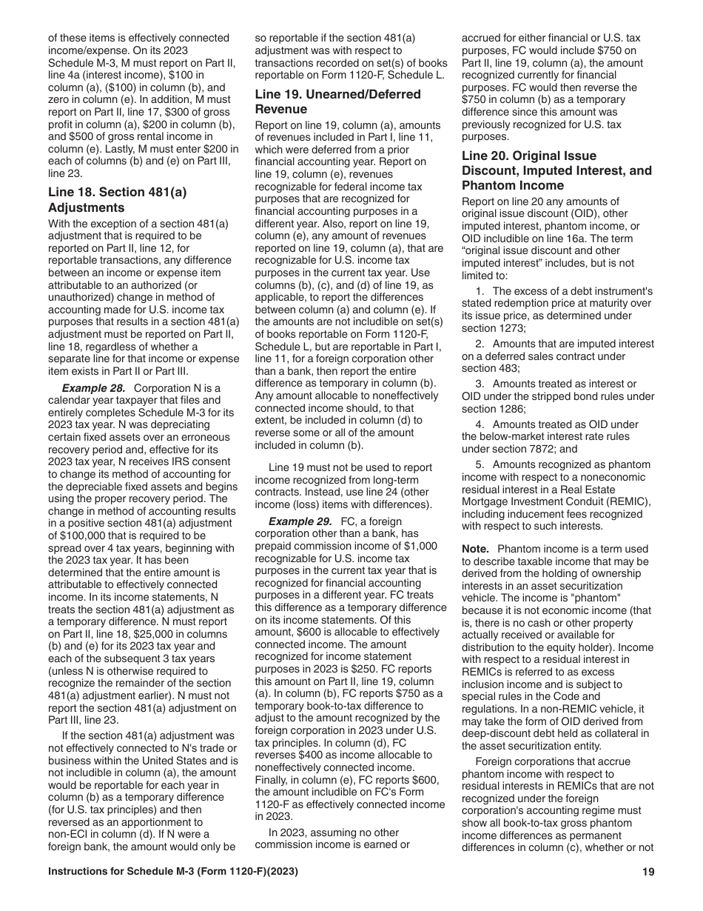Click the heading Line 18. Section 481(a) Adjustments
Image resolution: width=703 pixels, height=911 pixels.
(x=117, y=199)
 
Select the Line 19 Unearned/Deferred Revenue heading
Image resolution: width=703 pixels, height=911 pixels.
(x=337, y=101)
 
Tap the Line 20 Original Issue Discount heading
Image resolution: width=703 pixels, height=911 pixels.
(x=556, y=170)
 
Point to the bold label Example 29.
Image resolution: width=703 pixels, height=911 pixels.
(x=300, y=521)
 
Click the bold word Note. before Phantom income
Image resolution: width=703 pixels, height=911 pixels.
(x=475, y=549)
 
